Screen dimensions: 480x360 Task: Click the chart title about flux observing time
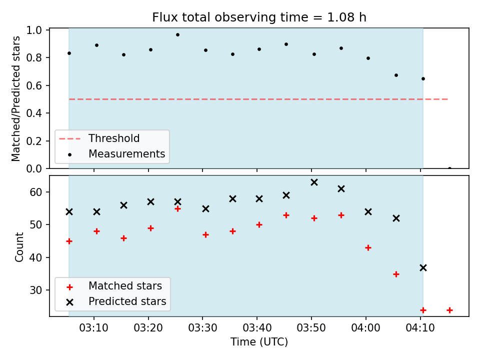[x=259, y=17]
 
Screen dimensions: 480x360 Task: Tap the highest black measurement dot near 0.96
[x=177, y=35]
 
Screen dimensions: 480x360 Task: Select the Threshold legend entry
[x=99, y=138]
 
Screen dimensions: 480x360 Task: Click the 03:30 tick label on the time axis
[x=202, y=328]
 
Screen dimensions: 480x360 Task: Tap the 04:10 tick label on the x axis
[x=420, y=328]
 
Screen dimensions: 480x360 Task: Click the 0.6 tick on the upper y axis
[x=34, y=85]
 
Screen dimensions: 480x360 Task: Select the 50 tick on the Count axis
[x=35, y=224]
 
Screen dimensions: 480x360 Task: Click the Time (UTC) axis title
[x=259, y=341]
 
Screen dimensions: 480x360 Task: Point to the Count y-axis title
[x=19, y=246]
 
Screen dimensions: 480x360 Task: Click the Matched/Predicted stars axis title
[x=15, y=98]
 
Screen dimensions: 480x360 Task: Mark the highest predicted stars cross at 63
[x=314, y=182]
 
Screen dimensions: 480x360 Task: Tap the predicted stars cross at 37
[x=423, y=268]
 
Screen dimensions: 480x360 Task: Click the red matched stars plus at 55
[x=177, y=209]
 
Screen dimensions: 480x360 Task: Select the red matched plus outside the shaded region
[x=449, y=310]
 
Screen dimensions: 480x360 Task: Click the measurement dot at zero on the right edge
[x=449, y=168]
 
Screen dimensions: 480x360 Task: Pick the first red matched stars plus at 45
[x=69, y=241]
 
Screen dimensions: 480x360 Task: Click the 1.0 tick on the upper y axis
[x=34, y=30]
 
